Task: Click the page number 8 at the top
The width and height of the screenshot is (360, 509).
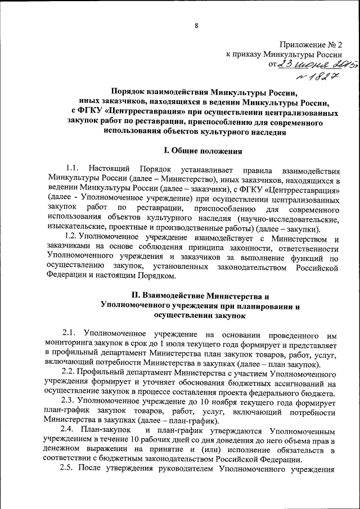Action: [x=197, y=25]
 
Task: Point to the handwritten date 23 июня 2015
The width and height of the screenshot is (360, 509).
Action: [x=307, y=66]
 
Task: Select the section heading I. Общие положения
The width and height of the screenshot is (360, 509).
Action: [x=202, y=150]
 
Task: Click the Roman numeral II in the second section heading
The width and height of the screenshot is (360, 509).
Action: [x=135, y=295]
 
